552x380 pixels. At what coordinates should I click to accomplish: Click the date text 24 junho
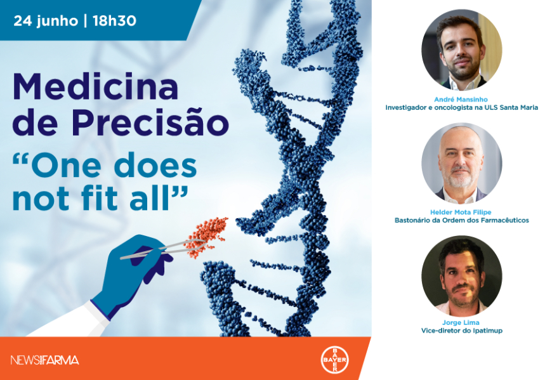[x=46, y=21]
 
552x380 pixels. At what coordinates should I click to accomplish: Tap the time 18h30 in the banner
[x=114, y=21]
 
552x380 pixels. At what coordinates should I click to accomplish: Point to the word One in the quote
[x=66, y=166]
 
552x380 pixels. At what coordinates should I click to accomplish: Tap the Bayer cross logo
[x=334, y=360]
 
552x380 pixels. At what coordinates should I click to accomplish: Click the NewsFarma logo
[x=44, y=360]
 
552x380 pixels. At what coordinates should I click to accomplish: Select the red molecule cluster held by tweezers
[x=206, y=236]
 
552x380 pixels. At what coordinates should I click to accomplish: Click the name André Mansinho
[x=461, y=100]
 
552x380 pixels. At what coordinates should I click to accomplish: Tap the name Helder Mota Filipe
[x=461, y=212]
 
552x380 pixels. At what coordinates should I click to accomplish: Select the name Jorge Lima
[x=461, y=322]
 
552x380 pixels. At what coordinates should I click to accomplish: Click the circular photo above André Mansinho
[x=461, y=50]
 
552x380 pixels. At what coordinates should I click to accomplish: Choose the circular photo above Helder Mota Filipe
[x=461, y=163]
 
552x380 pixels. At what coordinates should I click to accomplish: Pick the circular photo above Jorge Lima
[x=461, y=276]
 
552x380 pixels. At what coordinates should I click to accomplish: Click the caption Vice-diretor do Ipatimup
[x=461, y=331]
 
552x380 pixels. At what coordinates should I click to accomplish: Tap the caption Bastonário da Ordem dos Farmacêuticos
[x=461, y=220]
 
